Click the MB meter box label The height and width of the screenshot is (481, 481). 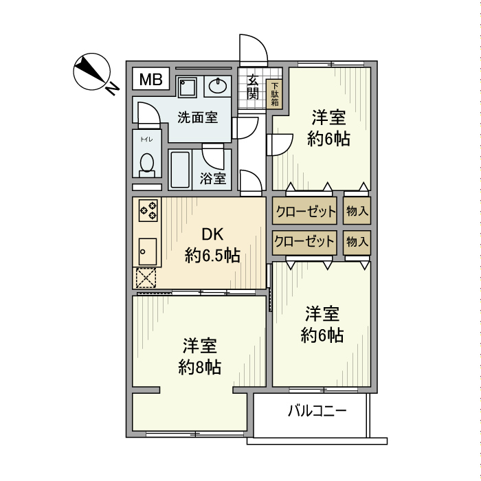(x=151, y=80)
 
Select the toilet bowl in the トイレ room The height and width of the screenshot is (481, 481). (x=147, y=165)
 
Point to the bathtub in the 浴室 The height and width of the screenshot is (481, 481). (x=180, y=170)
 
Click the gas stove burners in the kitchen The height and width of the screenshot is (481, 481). (x=148, y=210)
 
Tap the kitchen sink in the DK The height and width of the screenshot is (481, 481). (x=148, y=251)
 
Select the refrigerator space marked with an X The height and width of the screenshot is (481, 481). (x=146, y=278)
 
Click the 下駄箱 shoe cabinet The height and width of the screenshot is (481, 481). (x=275, y=94)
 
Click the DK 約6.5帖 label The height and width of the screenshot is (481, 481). (x=212, y=245)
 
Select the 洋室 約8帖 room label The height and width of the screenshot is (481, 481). (x=200, y=356)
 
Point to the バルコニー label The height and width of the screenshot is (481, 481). (x=317, y=410)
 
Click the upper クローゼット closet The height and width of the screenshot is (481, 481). (x=305, y=211)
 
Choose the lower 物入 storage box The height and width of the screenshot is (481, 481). (x=357, y=243)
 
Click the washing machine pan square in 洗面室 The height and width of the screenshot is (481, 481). (x=188, y=87)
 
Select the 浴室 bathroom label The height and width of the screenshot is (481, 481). (x=213, y=179)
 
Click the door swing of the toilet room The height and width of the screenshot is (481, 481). (x=149, y=114)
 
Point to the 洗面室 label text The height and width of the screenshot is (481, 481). (x=198, y=117)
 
